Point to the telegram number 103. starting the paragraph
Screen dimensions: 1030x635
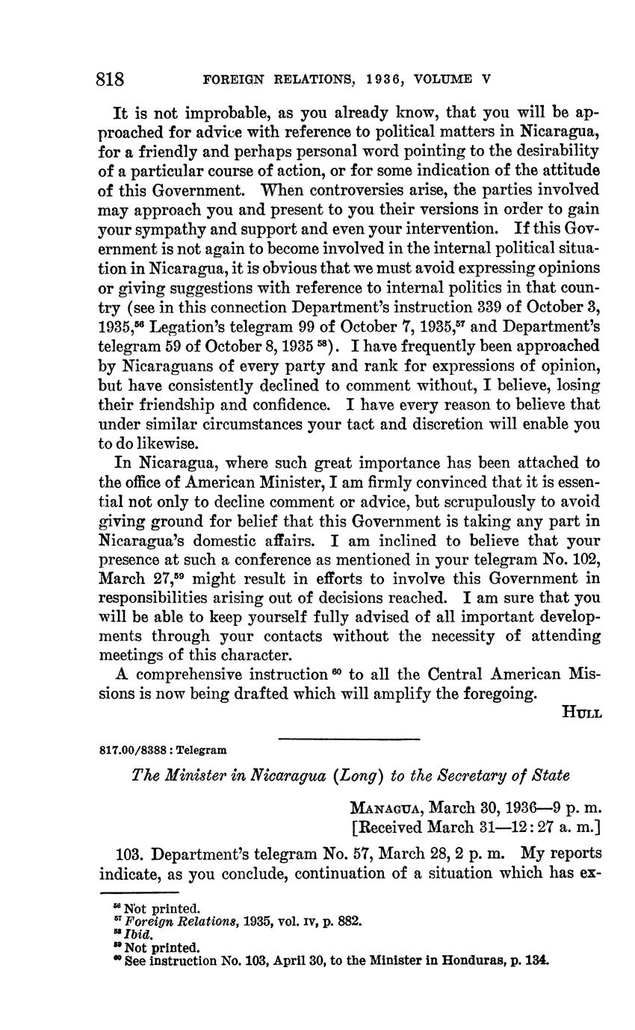tap(132, 853)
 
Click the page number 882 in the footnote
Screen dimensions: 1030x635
tap(351, 922)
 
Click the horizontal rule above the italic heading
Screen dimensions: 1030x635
tap(349, 739)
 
